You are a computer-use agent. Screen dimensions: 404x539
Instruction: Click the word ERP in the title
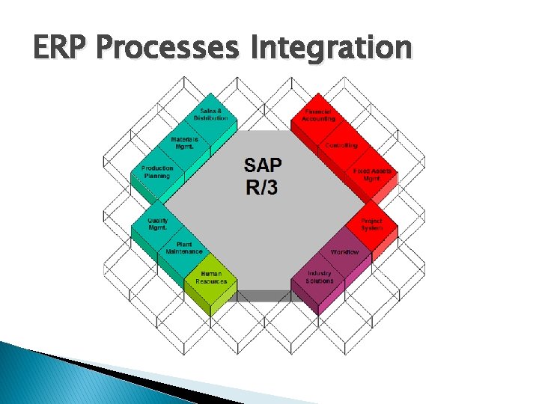coord(61,47)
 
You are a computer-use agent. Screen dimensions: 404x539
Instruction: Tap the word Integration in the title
coord(331,47)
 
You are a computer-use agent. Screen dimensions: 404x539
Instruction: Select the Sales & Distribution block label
coord(211,114)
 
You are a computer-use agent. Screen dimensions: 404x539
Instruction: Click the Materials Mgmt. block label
coord(184,143)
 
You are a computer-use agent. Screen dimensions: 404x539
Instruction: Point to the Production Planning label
coord(157,172)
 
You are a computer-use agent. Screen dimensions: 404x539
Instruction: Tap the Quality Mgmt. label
coord(157,224)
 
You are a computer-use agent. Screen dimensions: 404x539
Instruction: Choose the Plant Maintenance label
coord(184,248)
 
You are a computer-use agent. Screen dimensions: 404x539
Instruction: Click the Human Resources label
coord(211,277)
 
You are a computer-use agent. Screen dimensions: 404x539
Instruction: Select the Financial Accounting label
coord(319,114)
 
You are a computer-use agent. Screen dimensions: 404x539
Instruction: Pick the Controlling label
coord(341,145)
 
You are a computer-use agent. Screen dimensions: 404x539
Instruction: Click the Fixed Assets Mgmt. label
coord(372,175)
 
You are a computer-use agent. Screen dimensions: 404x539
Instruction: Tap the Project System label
coord(371,224)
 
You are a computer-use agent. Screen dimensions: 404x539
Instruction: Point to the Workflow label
coord(344,252)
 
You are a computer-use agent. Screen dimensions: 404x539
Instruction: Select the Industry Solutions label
coord(320,277)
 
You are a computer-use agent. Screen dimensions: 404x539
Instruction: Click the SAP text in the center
coord(264,165)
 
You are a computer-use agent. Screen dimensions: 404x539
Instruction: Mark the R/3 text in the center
coord(261,186)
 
